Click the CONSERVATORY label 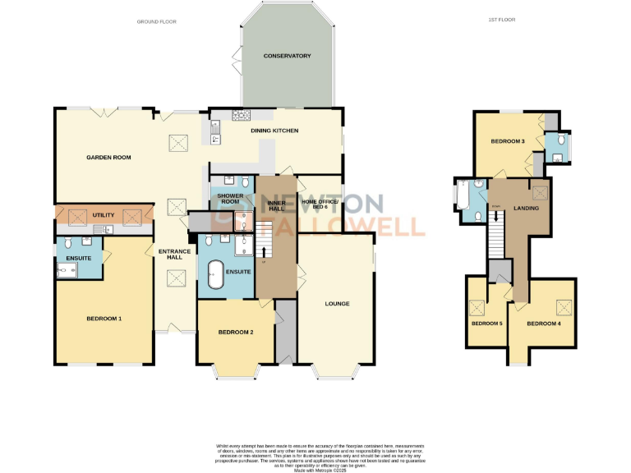coord(287,56)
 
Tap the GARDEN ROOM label coord(109,157)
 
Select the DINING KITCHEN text coord(274,131)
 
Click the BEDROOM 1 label coord(104,318)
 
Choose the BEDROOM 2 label coord(235,332)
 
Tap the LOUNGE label coord(337,304)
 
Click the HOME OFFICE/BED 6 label coord(320,204)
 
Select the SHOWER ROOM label coord(228,198)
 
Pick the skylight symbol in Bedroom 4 coord(564,307)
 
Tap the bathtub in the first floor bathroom coord(462,197)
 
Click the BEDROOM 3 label coord(508,141)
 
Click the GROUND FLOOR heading coord(157,21)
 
